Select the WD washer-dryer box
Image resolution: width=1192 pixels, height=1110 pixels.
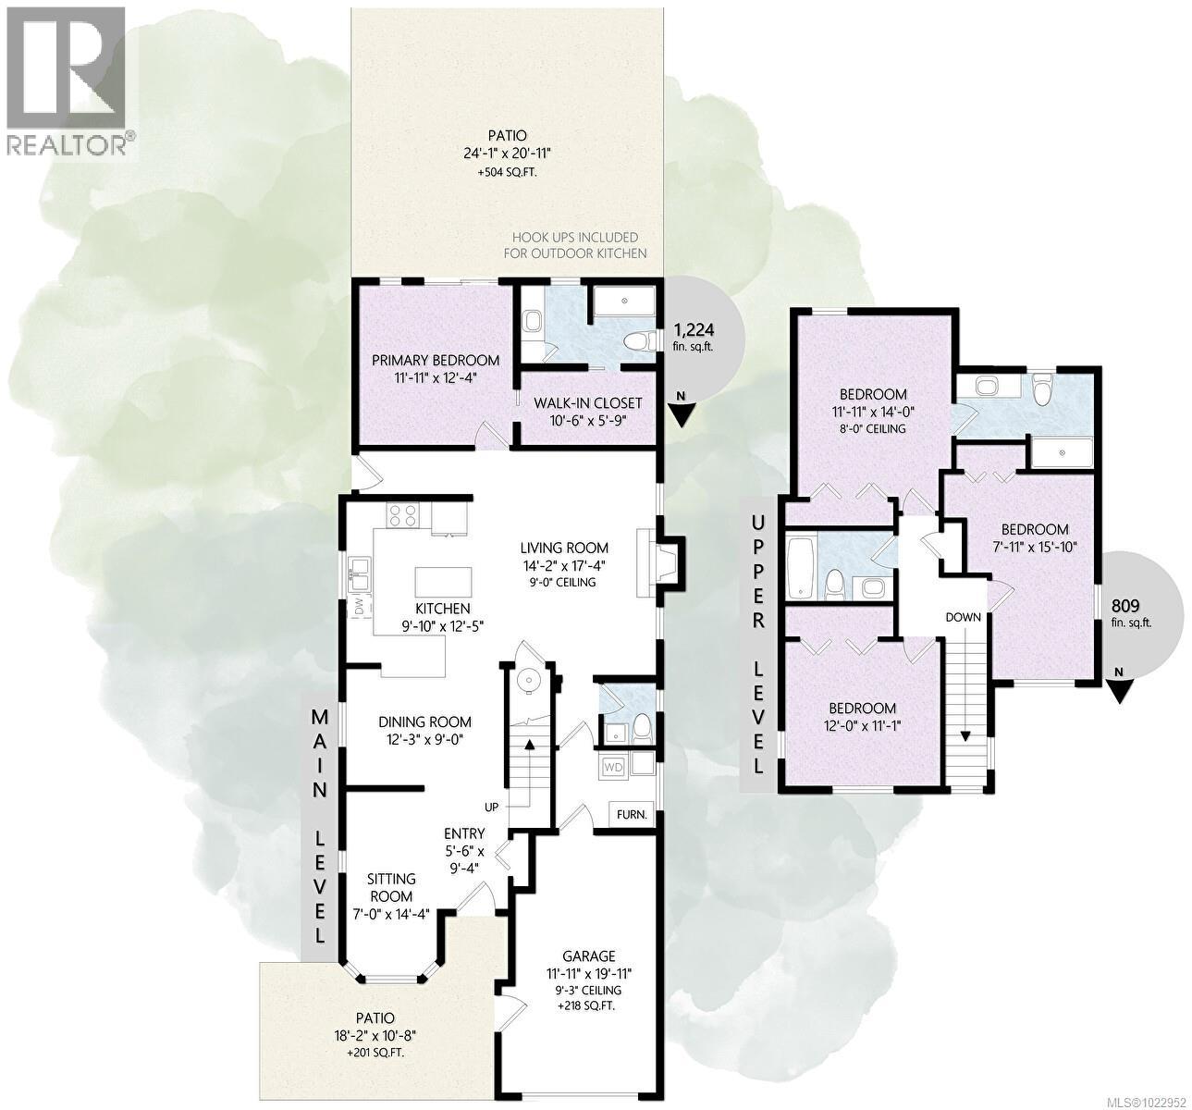[x=613, y=767]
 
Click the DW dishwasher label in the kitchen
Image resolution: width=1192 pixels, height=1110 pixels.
[x=357, y=607]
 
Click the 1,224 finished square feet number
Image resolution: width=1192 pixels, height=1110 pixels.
[x=694, y=329]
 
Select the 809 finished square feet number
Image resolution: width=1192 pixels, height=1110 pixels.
[x=1124, y=606]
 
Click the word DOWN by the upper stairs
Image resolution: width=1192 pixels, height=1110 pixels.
[x=962, y=617]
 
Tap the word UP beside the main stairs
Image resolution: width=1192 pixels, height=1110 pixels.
[x=491, y=808]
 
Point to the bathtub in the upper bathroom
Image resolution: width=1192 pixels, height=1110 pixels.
[x=798, y=565]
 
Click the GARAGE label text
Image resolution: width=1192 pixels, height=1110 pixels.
[x=588, y=956]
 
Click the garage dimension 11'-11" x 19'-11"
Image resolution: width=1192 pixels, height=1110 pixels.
[x=588, y=973]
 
